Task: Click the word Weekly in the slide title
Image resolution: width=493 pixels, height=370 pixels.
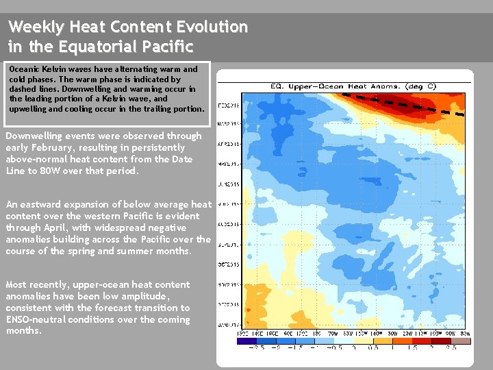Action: click(x=31, y=27)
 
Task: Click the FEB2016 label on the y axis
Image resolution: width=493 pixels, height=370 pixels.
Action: click(x=228, y=106)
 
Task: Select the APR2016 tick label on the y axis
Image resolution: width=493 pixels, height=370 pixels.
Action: click(x=228, y=145)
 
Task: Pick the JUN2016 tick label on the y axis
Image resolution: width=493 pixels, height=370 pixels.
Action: click(x=228, y=184)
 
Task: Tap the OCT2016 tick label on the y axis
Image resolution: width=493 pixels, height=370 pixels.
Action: click(x=228, y=264)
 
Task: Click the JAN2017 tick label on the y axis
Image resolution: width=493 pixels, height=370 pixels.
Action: click(x=228, y=323)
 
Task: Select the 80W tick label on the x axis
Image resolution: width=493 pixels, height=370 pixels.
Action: click(x=465, y=333)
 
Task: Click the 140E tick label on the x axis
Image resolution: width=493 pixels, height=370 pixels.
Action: click(x=257, y=333)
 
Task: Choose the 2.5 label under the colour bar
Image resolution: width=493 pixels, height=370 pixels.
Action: click(x=451, y=347)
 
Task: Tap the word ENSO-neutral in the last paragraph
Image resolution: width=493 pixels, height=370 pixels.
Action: click(x=34, y=319)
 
